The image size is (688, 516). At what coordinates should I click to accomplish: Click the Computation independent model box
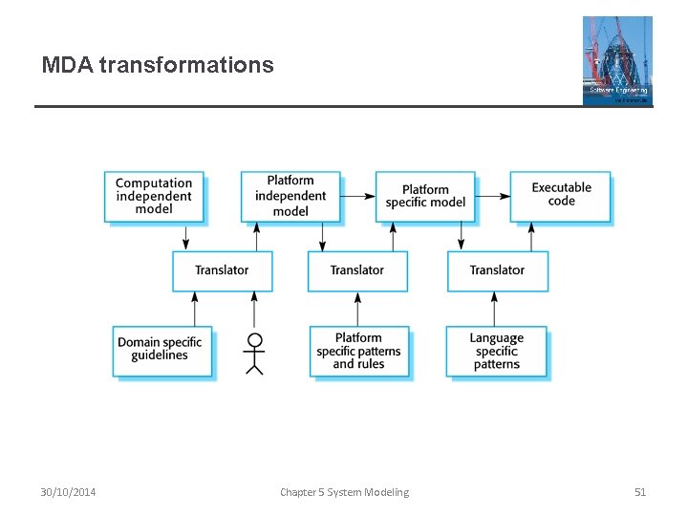pyautogui.click(x=154, y=196)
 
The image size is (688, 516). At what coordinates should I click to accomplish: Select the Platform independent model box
pyautogui.click(x=290, y=196)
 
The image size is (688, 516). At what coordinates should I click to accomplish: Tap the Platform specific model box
pyautogui.click(x=425, y=196)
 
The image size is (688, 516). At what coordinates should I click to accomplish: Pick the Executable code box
pyautogui.click(x=561, y=195)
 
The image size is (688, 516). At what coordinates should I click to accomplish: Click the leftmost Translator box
pyautogui.click(x=222, y=270)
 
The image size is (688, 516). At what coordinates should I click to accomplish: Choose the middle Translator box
pyautogui.click(x=357, y=270)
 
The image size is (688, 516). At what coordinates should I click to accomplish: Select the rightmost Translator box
pyautogui.click(x=497, y=270)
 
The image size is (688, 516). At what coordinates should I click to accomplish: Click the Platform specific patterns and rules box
pyautogui.click(x=359, y=351)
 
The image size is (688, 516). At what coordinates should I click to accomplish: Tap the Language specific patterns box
pyautogui.click(x=496, y=351)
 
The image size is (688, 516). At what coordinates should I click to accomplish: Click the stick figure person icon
pyautogui.click(x=254, y=354)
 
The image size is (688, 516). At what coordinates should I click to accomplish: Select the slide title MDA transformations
pyautogui.click(x=158, y=65)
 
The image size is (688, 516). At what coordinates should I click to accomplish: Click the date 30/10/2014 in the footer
pyautogui.click(x=68, y=492)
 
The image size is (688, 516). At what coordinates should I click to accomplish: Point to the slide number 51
pyautogui.click(x=640, y=492)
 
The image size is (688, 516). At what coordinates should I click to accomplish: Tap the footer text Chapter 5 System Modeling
pyautogui.click(x=344, y=492)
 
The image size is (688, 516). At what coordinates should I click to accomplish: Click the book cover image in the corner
pyautogui.click(x=617, y=60)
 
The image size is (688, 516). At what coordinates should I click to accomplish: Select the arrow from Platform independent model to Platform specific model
pyautogui.click(x=357, y=196)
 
